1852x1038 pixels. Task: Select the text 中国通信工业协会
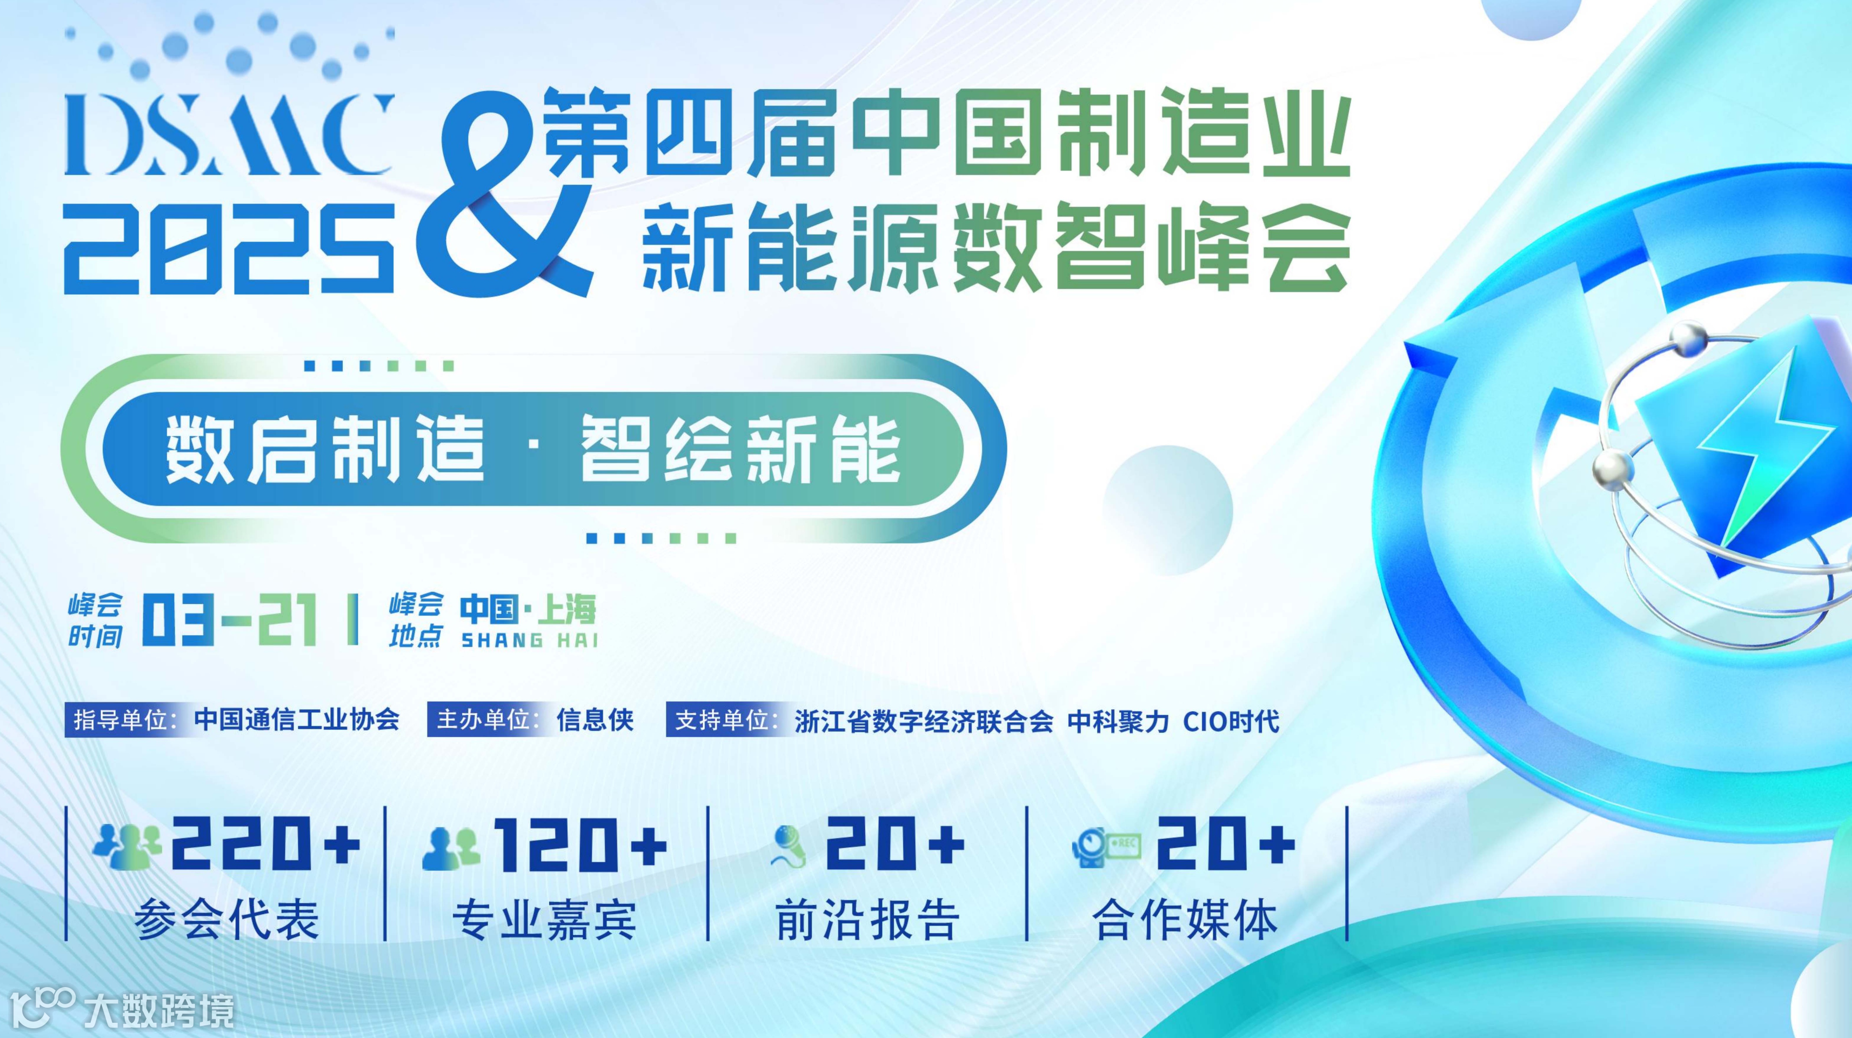pyautogui.click(x=296, y=720)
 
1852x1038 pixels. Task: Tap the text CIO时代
pyautogui.click(x=1231, y=720)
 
